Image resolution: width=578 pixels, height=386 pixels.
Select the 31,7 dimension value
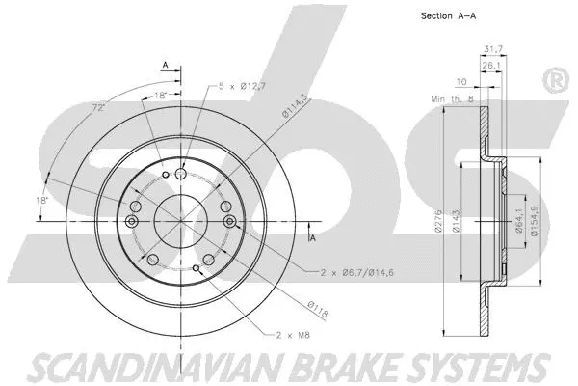point(494,51)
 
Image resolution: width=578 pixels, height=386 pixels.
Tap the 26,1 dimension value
point(492,66)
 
